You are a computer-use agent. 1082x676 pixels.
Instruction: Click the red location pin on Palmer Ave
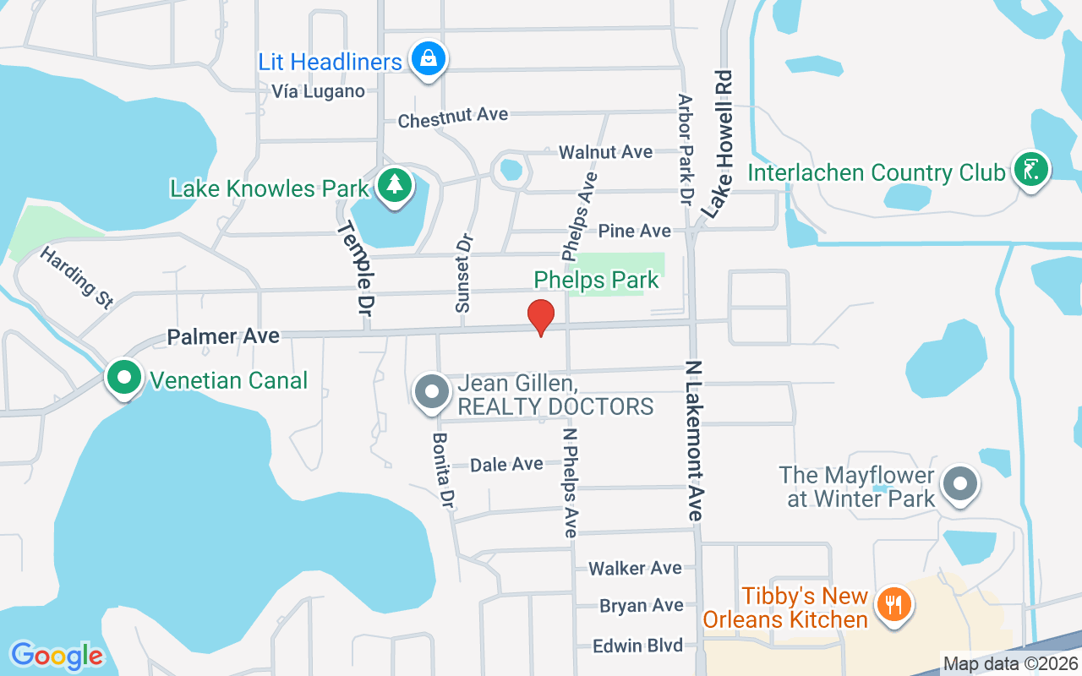(x=541, y=317)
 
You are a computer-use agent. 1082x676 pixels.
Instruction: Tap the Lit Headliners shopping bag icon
(x=429, y=59)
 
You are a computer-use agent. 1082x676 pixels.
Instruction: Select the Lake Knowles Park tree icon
(x=393, y=185)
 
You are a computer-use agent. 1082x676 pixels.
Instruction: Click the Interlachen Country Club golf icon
(x=1030, y=170)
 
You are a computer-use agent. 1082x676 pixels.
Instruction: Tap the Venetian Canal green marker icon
(x=124, y=378)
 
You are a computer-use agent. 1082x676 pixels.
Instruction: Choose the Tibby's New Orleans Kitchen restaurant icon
(x=892, y=605)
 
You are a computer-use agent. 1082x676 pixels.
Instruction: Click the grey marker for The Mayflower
(x=959, y=485)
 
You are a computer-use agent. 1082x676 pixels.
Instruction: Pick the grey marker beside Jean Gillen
(x=432, y=392)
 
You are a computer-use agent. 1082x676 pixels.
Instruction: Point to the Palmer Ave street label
(x=223, y=336)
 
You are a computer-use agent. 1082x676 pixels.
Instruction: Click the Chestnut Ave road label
(x=453, y=117)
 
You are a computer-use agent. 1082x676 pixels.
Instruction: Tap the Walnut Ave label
(x=606, y=152)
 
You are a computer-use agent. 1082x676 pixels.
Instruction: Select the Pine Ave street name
(x=635, y=231)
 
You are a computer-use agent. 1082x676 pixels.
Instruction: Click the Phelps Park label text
(x=596, y=280)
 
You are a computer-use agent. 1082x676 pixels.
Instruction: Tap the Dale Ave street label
(x=506, y=464)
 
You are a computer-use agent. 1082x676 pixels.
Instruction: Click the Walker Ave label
(x=635, y=568)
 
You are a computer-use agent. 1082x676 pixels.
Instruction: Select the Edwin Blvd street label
(x=637, y=646)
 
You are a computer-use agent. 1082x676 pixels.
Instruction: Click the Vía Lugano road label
(x=318, y=91)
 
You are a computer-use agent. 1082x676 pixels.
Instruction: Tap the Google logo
(x=57, y=656)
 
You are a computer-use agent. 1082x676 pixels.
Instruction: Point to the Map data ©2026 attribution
(x=1009, y=664)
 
